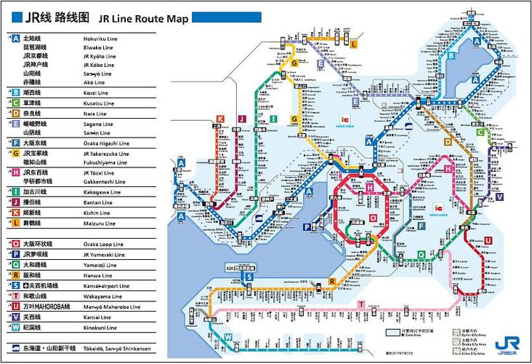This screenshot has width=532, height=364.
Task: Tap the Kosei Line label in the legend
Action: [x=96, y=92]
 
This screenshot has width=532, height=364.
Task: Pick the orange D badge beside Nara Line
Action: [x=15, y=114]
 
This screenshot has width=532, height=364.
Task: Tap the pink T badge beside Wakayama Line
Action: [x=15, y=296]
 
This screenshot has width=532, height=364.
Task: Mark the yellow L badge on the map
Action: [x=354, y=44]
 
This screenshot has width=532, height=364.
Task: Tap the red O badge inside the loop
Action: [x=374, y=218]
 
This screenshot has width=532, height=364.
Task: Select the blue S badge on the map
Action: [x=249, y=277]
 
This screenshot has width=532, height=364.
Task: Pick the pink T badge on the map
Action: [x=361, y=304]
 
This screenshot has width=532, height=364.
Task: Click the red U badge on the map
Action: [x=489, y=240]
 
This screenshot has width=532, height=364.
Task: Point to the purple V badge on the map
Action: [x=500, y=197]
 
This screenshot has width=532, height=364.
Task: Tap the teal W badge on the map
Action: [x=228, y=336]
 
